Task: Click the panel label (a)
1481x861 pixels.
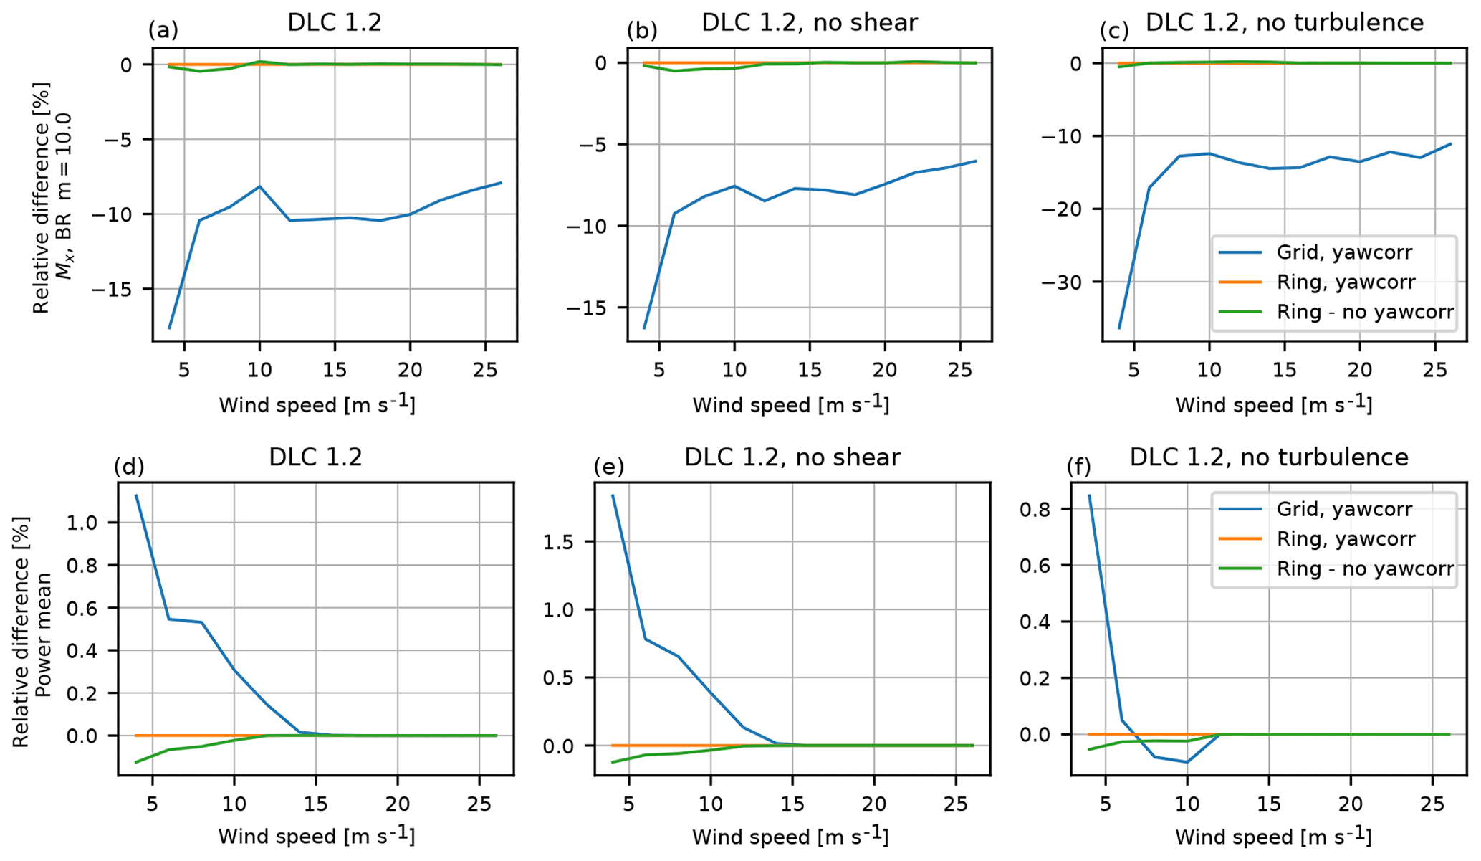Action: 163,30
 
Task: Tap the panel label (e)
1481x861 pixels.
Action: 609,467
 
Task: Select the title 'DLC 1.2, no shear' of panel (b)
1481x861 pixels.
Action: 809,23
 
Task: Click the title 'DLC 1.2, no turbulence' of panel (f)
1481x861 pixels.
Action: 1268,457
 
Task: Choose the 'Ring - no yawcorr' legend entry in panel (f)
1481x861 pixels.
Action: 1365,569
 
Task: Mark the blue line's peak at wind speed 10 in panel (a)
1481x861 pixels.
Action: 259,186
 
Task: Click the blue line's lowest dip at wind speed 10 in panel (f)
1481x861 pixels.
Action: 1187,762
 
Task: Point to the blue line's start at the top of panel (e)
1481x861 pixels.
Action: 613,495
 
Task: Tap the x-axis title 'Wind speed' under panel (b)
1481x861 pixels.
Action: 790,405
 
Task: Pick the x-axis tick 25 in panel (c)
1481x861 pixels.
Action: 1436,369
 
